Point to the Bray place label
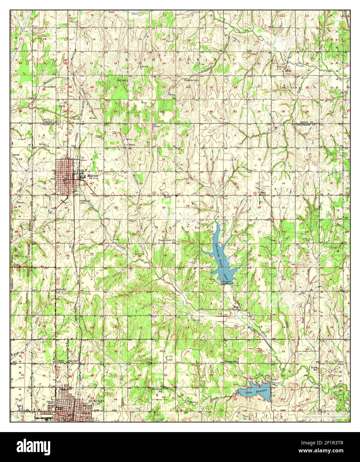(x=262, y=192)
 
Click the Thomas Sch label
(x=232, y=361)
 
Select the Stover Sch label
(x=49, y=87)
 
